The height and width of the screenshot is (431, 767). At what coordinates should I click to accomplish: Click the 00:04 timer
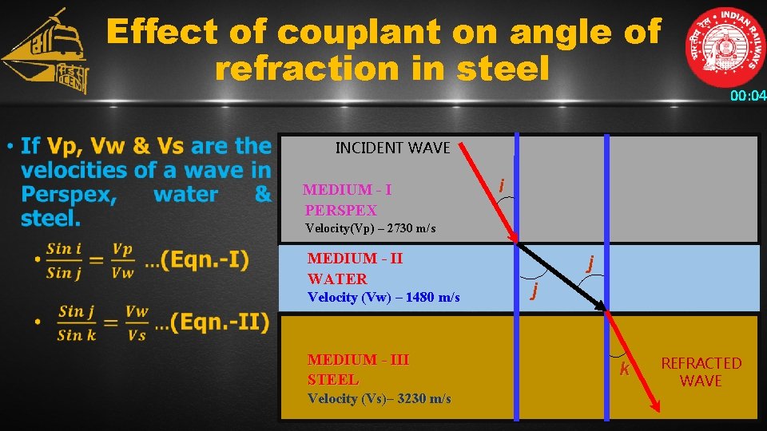click(748, 97)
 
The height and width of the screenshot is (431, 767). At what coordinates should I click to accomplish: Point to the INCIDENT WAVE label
click(392, 148)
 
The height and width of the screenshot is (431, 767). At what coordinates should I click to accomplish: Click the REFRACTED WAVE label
click(701, 372)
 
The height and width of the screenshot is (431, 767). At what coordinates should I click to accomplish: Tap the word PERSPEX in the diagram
click(340, 211)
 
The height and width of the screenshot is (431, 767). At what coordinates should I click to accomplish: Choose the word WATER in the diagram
click(337, 279)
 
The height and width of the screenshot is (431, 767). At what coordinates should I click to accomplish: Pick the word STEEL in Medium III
click(333, 380)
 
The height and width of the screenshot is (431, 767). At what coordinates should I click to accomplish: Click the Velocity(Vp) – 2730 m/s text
click(371, 229)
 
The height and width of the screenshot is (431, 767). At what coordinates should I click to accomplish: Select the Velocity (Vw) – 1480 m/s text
click(383, 298)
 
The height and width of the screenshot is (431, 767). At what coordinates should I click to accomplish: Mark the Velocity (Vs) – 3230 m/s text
click(379, 399)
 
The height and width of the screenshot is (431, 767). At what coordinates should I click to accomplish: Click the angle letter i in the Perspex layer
click(501, 185)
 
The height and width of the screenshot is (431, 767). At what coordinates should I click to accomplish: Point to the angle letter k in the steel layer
click(625, 369)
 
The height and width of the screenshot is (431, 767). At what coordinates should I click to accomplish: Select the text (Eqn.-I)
click(205, 261)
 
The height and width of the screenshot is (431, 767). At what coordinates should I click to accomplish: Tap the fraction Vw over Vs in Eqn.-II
click(137, 323)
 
